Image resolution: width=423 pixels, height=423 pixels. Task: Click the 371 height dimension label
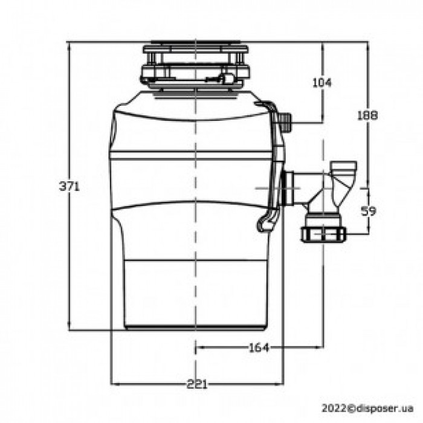[x=69, y=187]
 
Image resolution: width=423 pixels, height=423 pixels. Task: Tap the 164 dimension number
[x=258, y=347]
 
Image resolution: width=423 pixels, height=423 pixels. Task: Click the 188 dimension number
[x=367, y=115]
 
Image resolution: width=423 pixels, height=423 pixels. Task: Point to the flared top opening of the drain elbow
[x=344, y=164]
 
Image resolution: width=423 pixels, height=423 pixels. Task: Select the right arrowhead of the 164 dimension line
[x=320, y=347]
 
